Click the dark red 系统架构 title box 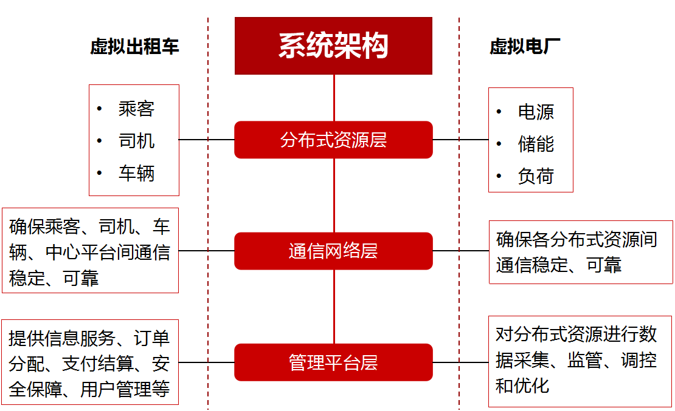333,46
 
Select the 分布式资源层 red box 333,140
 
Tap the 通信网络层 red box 333,251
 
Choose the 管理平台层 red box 333,362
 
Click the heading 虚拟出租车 134,47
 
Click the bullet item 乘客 136,109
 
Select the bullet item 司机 136,141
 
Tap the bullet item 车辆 136,174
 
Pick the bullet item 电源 536,112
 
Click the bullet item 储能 536,144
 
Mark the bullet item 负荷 536,176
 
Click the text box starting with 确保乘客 90,251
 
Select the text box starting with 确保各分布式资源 581,252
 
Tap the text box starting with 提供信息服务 90,362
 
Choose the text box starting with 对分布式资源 581,361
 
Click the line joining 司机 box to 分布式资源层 207,140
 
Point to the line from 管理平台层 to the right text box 460,362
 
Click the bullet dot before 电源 499,112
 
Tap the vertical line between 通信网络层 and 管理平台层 334,307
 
